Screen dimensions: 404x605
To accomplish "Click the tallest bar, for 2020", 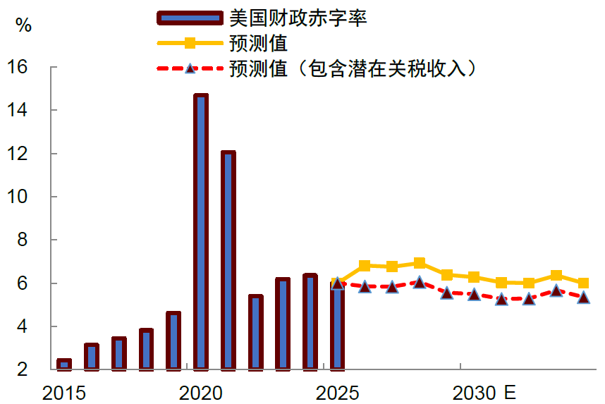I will point(201,232).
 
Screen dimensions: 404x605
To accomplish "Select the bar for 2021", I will point(228,260).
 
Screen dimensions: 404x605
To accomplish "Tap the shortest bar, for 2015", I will point(64,364).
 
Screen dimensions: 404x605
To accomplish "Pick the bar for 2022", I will point(255,332).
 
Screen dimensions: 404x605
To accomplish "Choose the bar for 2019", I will point(173,341).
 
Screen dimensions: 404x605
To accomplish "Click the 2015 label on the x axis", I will point(64,393).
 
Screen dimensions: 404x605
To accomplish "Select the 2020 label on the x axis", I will point(201,393).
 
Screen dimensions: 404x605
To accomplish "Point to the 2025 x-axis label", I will point(337,393).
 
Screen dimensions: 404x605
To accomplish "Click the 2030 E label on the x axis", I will point(484,393).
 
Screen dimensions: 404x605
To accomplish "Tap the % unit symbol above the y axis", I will point(23,26).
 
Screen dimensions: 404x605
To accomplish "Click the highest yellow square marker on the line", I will point(420,263).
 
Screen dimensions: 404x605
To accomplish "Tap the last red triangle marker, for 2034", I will point(583,298).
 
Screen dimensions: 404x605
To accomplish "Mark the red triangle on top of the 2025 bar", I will point(337,283).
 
